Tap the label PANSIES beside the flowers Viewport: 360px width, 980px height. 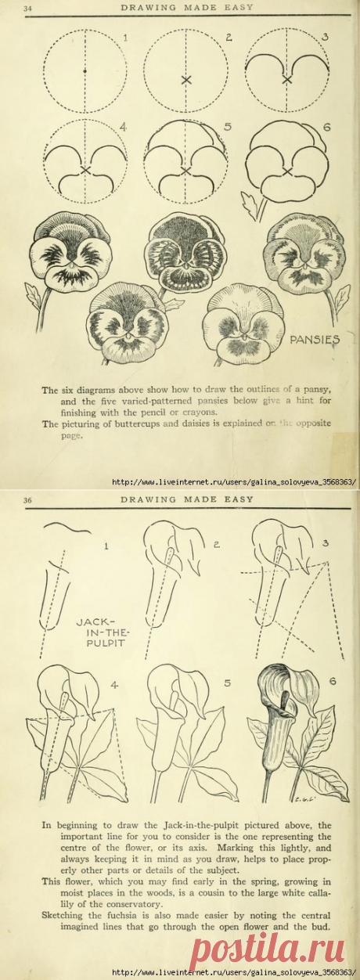pyautogui.click(x=315, y=340)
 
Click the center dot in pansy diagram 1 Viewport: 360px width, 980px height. pyautogui.click(x=85, y=71)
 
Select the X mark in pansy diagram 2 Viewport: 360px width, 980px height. pyautogui.click(x=185, y=80)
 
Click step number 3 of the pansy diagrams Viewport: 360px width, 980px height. pyautogui.click(x=326, y=37)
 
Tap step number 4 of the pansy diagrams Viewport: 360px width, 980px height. pyautogui.click(x=123, y=127)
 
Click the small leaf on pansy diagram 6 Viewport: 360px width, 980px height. pyautogui.click(x=252, y=207)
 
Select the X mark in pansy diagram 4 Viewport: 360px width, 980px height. pyautogui.click(x=85, y=170)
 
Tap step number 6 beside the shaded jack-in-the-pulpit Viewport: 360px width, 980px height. pyautogui.click(x=332, y=682)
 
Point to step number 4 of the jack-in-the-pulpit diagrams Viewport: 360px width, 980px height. pyautogui.click(x=114, y=686)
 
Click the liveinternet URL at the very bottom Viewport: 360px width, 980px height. pyautogui.click(x=236, y=973)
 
